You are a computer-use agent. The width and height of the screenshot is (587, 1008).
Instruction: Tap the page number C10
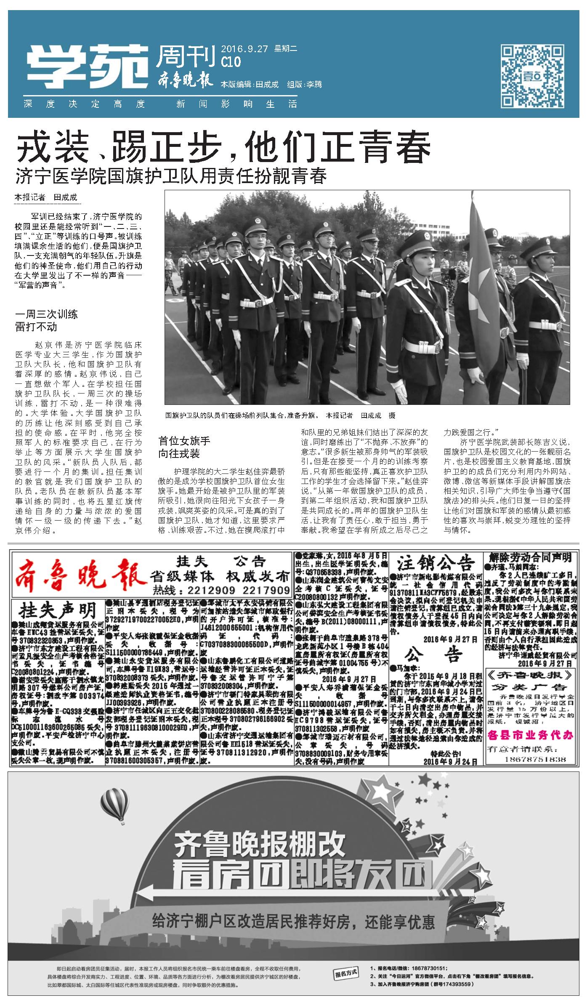(231, 62)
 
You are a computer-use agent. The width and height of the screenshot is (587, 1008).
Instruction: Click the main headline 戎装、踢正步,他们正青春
(223, 147)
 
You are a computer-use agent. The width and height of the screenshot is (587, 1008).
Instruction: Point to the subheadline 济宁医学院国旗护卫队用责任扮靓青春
(171, 176)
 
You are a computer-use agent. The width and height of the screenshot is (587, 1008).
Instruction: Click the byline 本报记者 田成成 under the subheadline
(46, 197)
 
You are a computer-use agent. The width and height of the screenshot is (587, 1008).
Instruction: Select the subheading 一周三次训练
(46, 314)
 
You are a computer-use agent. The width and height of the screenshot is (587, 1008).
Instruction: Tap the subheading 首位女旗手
(184, 441)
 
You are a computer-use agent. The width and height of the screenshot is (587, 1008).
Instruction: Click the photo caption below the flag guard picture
(280, 415)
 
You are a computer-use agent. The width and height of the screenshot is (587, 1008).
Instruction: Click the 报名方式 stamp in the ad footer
(347, 981)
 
